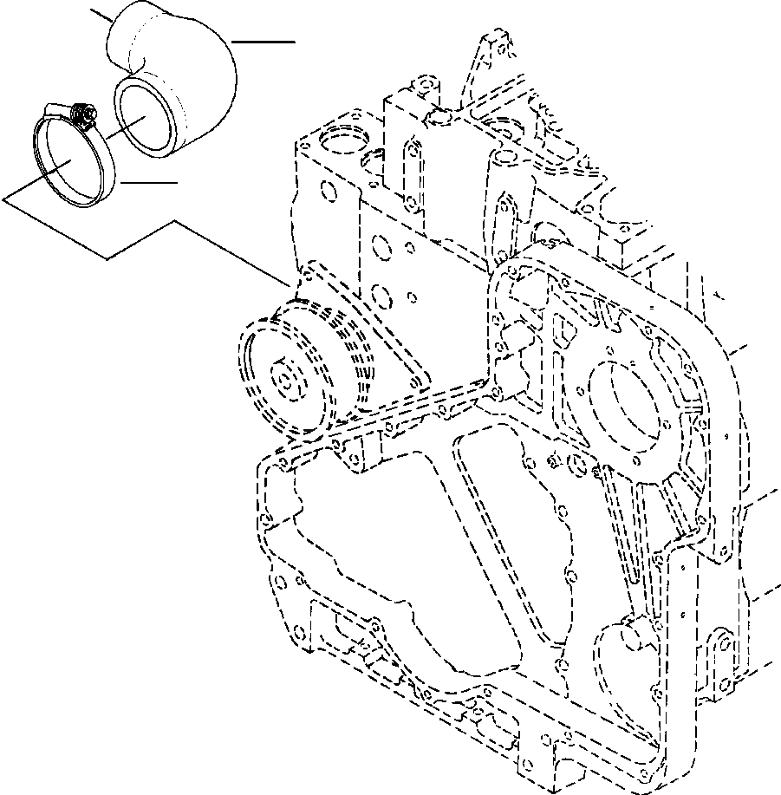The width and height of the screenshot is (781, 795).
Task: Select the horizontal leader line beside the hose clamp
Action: coord(149,183)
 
